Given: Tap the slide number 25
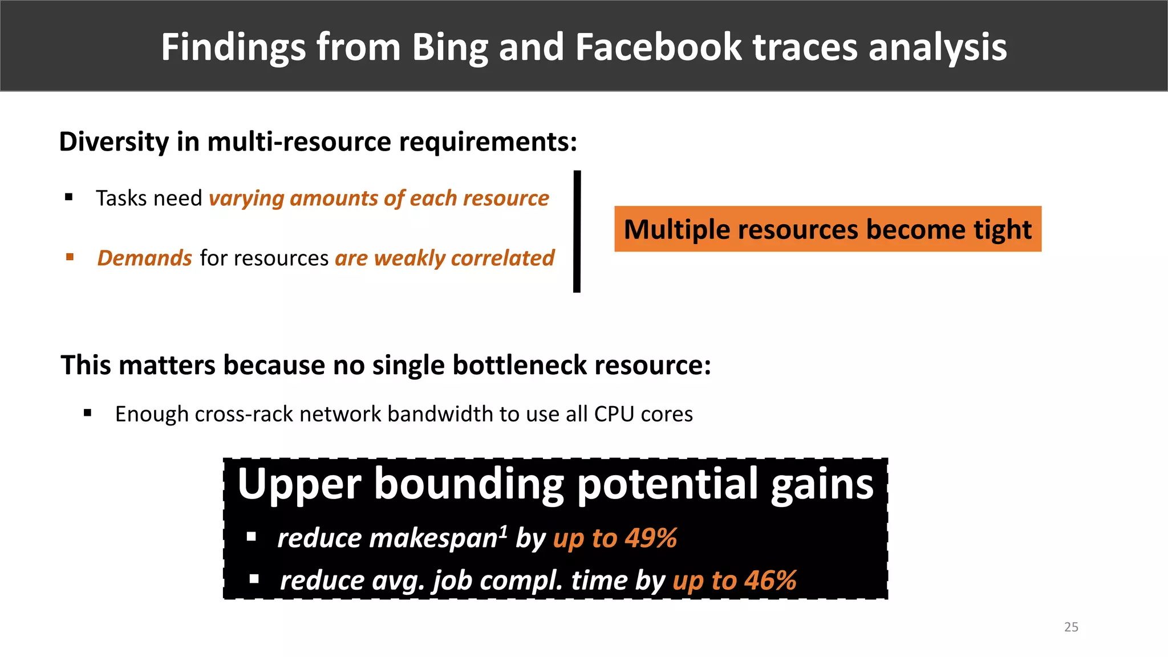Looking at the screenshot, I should (1071, 627).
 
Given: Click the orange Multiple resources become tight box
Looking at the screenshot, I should (828, 229).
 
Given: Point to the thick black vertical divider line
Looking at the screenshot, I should (577, 232).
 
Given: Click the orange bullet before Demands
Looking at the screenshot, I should (70, 257).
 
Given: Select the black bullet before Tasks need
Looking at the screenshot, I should (69, 197).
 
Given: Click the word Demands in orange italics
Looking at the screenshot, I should (144, 258).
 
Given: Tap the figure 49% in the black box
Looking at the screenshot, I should (651, 538).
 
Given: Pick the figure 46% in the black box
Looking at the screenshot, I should (770, 581).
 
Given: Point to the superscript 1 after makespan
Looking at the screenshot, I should (503, 531).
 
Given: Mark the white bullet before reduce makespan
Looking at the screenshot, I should (251, 537).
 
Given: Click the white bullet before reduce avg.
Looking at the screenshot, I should (254, 579).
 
